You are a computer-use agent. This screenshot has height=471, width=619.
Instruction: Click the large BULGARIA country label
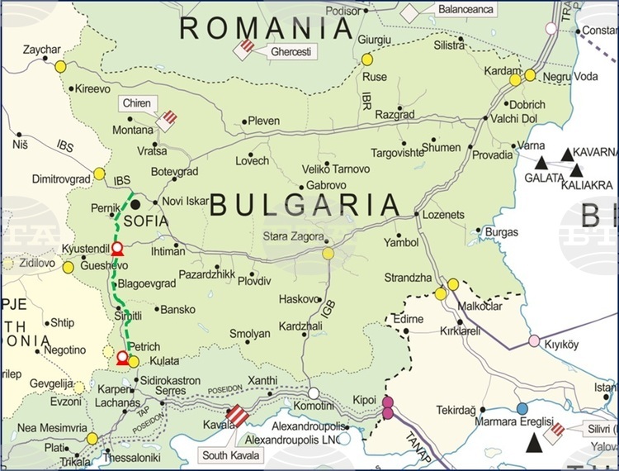pos(305,204)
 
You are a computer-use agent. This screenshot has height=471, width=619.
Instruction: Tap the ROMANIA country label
pos(267,28)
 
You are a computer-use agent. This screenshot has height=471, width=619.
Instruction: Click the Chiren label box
pos(136,104)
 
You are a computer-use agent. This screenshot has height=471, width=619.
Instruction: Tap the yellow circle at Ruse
pos(366,59)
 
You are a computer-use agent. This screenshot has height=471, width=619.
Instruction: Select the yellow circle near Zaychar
pos(60,67)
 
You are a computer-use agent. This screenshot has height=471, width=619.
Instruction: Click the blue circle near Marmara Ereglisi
pos(522,408)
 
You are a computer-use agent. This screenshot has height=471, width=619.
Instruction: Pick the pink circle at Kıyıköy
pos(534,340)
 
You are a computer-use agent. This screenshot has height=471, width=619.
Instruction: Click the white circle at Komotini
pos(314,393)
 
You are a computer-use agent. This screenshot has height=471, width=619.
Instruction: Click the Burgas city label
pos(502,233)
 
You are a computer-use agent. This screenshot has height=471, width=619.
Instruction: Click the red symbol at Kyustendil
pos(117,248)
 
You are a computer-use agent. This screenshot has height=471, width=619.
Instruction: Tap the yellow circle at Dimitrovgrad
pos(99,174)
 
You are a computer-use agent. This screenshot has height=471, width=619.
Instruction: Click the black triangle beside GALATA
pos(541,163)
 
